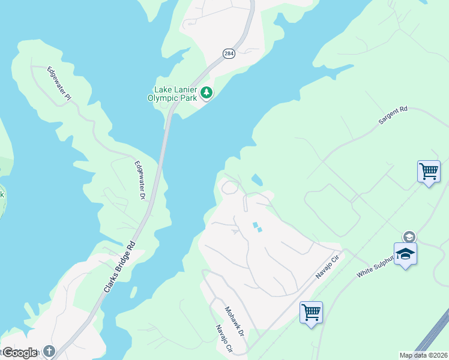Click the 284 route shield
[x=229, y=53]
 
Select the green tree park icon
[x=206, y=93]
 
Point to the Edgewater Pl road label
[x=59, y=83]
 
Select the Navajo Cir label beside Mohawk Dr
[x=223, y=339]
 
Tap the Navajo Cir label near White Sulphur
[x=328, y=267]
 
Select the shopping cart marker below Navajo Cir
[x=311, y=313]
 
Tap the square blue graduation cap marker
[x=405, y=254]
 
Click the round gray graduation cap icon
[x=409, y=236]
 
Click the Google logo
[x=19, y=353]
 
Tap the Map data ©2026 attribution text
[x=424, y=355]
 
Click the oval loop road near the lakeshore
[x=229, y=188]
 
